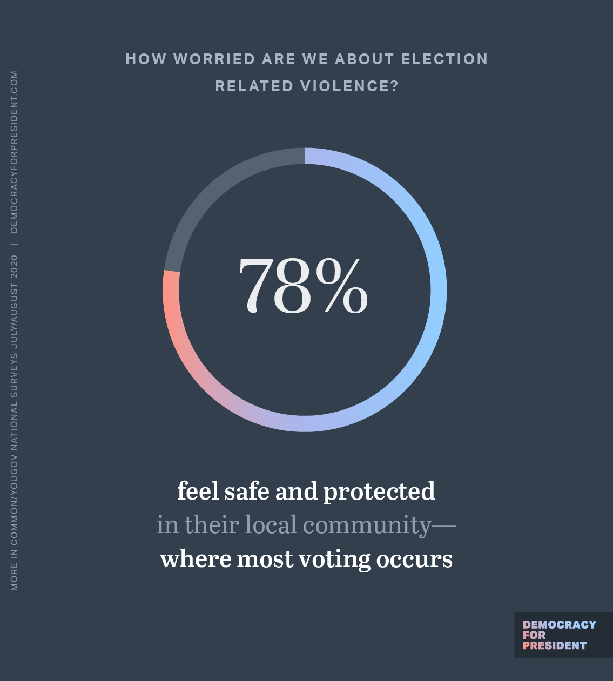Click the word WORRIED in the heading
(214, 59)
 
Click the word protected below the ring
(379, 492)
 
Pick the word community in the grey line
(367, 525)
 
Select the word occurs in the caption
(414, 559)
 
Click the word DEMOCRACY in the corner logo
(559, 625)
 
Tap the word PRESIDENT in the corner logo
(554, 646)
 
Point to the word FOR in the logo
(534, 635)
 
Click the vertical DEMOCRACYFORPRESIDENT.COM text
(14, 152)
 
